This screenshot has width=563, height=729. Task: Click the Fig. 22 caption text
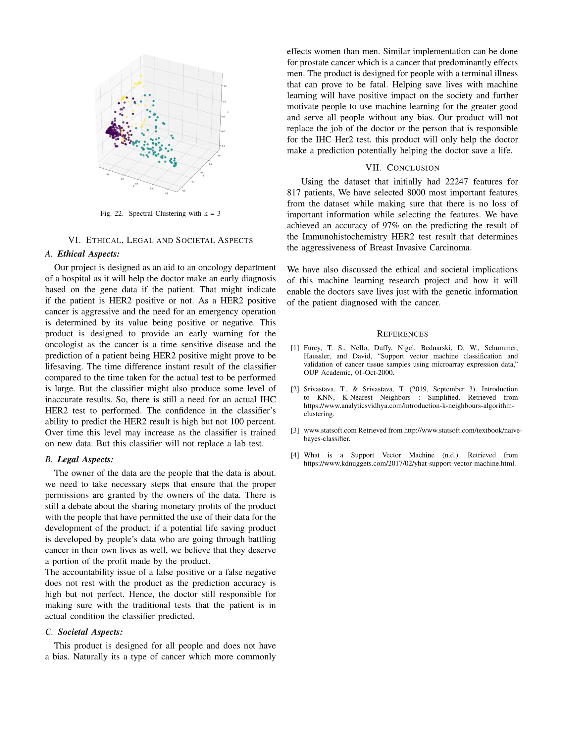click(x=160, y=214)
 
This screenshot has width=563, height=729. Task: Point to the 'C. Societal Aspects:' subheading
click(x=84, y=632)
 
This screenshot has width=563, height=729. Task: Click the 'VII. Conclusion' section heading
click(x=402, y=168)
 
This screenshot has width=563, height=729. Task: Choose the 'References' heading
click(x=402, y=334)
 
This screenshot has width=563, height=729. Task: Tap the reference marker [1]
click(x=295, y=348)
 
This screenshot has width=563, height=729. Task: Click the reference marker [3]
click(x=295, y=430)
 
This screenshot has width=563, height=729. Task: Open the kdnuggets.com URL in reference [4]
click(x=410, y=464)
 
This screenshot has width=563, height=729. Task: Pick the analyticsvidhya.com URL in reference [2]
click(x=409, y=406)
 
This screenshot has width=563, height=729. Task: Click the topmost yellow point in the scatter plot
click(x=141, y=76)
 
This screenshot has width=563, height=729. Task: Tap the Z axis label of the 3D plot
click(x=228, y=111)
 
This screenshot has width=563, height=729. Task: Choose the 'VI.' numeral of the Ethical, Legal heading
click(x=75, y=240)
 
